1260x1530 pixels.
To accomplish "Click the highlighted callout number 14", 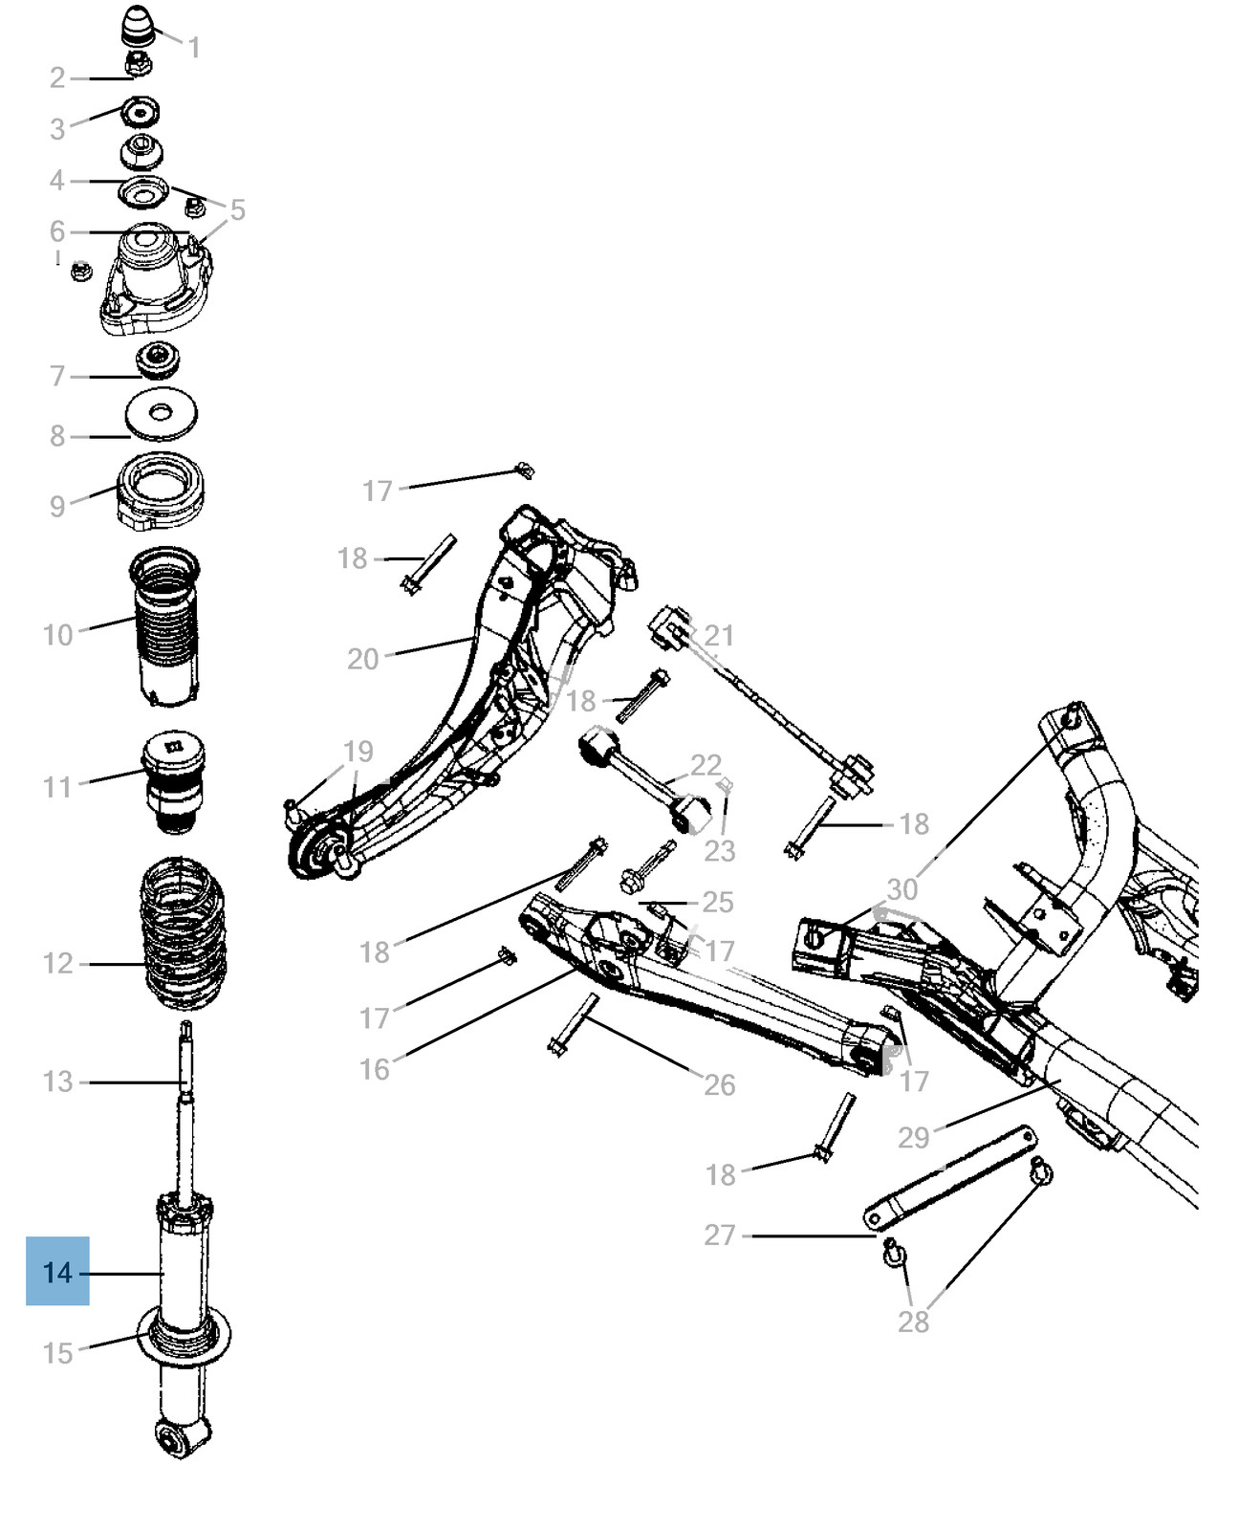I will pos(57,1272).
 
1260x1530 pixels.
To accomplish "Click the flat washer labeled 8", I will pos(162,413).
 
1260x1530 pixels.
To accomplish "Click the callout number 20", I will pos(363,658).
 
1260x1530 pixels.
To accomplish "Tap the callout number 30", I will pos(902,888).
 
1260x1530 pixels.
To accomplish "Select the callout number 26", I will pos(719,1084).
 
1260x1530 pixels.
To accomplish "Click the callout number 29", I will pos(913,1137).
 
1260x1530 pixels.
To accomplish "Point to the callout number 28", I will pos(913,1322).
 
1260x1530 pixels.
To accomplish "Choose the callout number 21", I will pos(719,635).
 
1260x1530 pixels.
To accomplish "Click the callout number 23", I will pos(719,850).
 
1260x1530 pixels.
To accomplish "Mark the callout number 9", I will pos(57,506).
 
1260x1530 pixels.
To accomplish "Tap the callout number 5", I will pos(237,209).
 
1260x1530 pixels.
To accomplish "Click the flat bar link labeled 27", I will pos(948,1176).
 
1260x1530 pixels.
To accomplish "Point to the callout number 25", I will pos(717,902).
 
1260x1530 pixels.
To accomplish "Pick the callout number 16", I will pos(374,1068).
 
